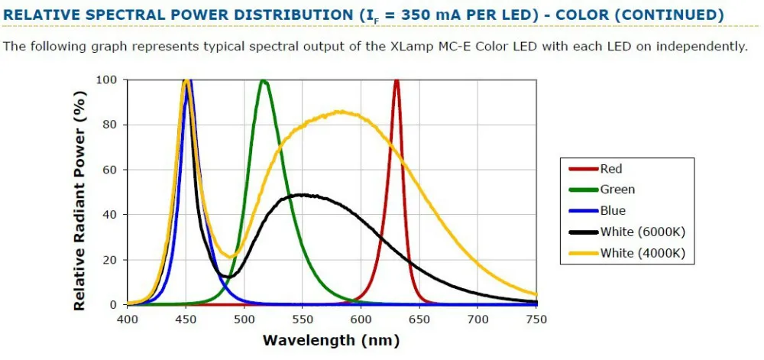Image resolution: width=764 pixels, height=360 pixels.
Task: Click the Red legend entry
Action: coord(610,169)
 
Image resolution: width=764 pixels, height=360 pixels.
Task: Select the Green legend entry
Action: coord(617,190)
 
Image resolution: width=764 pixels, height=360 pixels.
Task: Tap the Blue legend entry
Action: coord(613,210)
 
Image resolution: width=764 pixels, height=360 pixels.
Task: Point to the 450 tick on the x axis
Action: coord(186,318)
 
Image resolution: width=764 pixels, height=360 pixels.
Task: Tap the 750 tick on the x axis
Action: coord(536,318)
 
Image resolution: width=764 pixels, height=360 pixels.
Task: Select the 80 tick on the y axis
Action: coord(109,125)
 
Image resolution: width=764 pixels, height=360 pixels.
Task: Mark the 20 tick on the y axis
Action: coord(109,260)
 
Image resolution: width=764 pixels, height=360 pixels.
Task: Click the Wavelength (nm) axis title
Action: coord(331,340)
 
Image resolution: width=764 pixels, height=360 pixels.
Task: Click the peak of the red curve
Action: coord(396,80)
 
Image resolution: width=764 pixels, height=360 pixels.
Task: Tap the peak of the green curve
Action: coord(264,80)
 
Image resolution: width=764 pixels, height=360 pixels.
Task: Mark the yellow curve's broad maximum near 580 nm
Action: coord(339,112)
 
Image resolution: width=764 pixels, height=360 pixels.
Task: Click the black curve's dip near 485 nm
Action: coord(227,276)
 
